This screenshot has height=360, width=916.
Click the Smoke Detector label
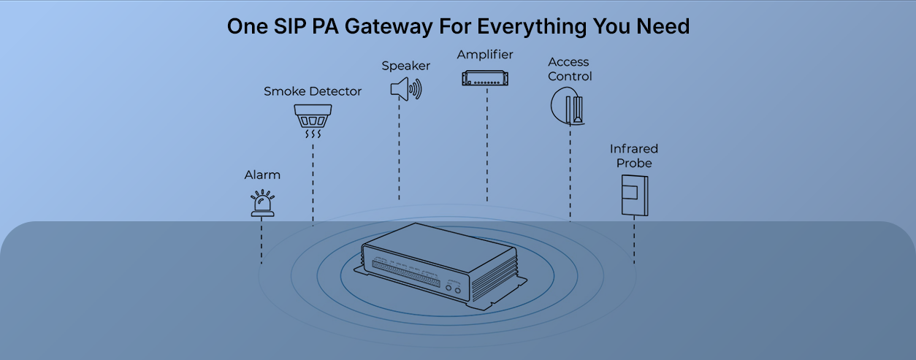[x=313, y=92]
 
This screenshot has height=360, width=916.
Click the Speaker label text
[x=406, y=66]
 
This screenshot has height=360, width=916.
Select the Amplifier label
[x=485, y=55]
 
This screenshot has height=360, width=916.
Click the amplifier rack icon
[x=486, y=78]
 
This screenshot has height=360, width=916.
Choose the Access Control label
[x=570, y=69]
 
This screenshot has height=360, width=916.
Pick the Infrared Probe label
[x=634, y=156]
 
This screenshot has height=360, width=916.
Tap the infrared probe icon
[x=633, y=194]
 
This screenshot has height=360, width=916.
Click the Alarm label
[x=262, y=175]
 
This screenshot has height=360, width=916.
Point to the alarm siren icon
[x=262, y=204]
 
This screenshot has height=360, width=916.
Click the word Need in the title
[x=662, y=27]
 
